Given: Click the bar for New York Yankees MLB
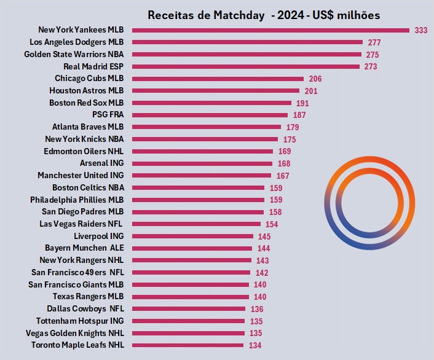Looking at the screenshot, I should pos(270,30).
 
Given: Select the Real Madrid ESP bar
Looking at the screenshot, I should pos(245,66).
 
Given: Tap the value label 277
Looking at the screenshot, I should pos(374,42).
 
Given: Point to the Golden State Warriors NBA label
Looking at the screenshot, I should pos(74,54).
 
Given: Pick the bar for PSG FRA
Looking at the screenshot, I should pos(210,115).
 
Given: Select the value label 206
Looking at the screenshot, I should pos(315,79).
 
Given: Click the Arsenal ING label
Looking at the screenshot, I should pos(101,163).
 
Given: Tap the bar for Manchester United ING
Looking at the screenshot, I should pos(201,176).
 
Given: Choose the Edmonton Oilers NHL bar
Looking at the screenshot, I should pos(202,151).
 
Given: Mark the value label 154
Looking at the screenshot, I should pos(272,224).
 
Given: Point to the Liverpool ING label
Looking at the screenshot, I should pos(98,236).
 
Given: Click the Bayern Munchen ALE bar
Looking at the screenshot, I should pos(192,248).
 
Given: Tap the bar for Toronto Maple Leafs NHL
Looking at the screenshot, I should pos(187,345).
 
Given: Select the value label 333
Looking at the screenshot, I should pos(421,30).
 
